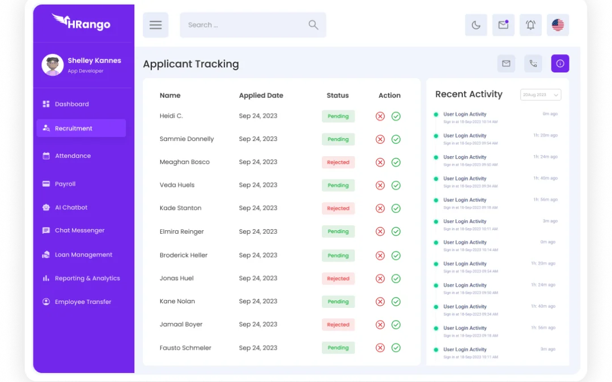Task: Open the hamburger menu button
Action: coord(155,25)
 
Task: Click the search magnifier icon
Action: coord(313,25)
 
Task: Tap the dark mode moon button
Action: coord(476,25)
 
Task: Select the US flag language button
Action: coord(558,25)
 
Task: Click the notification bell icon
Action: coord(530,25)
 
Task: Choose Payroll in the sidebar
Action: coord(65,184)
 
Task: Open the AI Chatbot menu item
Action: coord(71,208)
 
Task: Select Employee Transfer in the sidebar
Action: coord(83,302)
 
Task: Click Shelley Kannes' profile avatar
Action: coord(53,65)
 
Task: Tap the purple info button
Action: coord(560,63)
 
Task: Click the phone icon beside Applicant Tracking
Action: coord(533,63)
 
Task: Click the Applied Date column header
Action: coord(261,96)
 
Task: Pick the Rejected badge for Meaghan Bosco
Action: coord(338,162)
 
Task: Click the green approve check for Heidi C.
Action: coord(396,116)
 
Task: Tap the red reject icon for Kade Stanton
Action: coord(380,208)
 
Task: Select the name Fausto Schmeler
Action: coord(185,348)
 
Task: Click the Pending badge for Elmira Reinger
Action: coord(338,231)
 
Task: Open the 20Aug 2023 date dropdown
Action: coord(541,95)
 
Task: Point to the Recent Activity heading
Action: coord(469,95)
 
